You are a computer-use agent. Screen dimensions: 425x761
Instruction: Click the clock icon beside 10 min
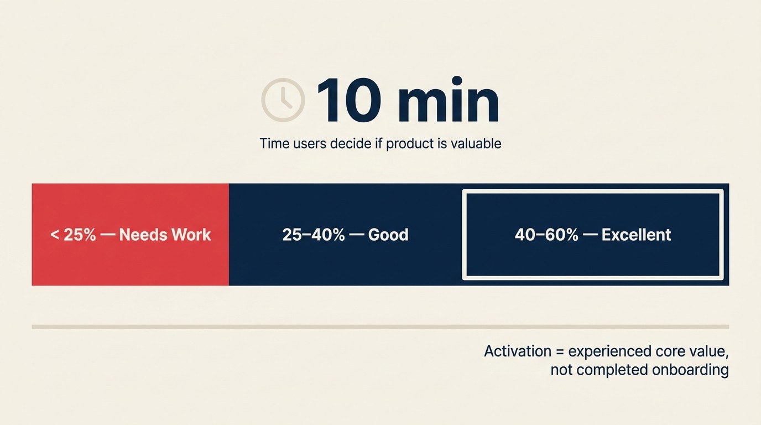pos(283,100)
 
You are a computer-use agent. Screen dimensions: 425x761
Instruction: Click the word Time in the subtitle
pos(274,144)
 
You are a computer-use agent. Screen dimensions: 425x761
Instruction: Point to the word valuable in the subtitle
pos(476,144)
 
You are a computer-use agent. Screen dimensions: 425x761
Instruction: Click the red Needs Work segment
pos(131,260)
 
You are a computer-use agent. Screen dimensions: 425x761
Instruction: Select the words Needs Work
pos(165,235)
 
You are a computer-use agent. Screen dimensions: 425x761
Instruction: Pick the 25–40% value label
pos(314,235)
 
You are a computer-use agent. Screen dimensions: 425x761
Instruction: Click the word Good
pos(388,235)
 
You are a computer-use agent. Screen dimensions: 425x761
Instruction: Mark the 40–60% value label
pos(546,235)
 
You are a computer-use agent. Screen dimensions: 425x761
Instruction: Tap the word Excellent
pos(636,235)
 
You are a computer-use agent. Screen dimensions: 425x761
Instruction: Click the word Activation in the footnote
pos(518,351)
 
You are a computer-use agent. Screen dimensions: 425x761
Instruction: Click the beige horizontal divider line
pos(380,327)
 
